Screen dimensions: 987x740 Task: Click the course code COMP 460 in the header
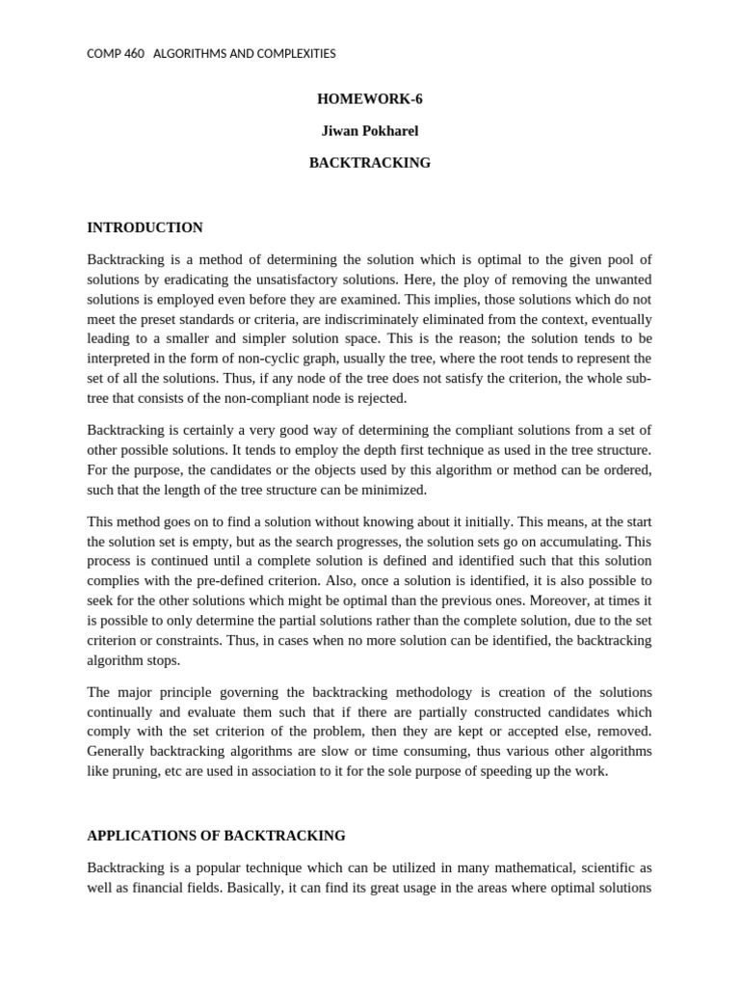(116, 54)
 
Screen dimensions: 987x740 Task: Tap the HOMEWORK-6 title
(369, 99)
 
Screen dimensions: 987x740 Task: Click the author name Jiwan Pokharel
(369, 131)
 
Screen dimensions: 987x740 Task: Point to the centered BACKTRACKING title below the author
(369, 163)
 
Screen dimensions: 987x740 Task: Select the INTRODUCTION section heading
(145, 227)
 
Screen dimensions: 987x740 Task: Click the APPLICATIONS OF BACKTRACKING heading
(216, 836)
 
